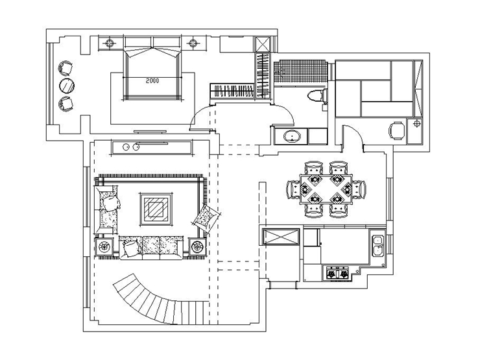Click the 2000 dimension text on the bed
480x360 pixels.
[152, 81]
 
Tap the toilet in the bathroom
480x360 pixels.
[317, 95]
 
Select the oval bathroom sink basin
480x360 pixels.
[292, 136]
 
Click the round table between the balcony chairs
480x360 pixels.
[66, 86]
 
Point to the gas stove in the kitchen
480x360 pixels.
[337, 272]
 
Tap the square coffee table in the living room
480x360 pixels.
[156, 209]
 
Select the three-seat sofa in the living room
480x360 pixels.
[151, 247]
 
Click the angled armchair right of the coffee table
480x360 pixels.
[206, 219]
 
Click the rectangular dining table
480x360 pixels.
[326, 189]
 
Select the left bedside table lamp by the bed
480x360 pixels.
[110, 43]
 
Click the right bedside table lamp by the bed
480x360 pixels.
[193, 43]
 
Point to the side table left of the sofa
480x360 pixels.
[104, 246]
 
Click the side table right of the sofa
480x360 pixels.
[197, 246]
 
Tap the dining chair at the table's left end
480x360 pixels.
[293, 189]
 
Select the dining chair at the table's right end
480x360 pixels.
[359, 189]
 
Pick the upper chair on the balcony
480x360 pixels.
[66, 67]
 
